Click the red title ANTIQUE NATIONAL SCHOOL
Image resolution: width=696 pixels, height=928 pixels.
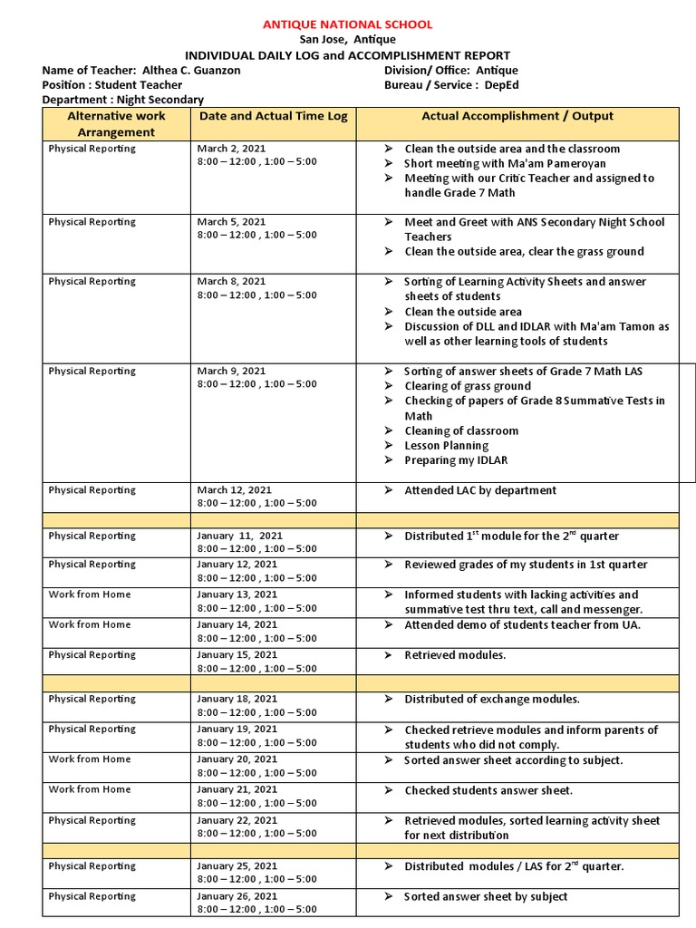[347, 24]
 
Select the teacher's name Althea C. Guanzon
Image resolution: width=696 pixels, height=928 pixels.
[191, 71]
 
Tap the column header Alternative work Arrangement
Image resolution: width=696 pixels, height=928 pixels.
[116, 124]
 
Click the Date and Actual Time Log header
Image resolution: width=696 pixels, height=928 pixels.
[273, 116]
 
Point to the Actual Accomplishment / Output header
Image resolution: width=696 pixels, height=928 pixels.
[517, 116]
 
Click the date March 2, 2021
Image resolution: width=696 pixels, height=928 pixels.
[231, 149]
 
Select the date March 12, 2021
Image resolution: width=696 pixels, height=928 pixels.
[234, 490]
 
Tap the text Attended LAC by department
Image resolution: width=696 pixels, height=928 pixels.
[480, 490]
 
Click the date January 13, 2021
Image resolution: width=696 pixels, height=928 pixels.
[237, 594]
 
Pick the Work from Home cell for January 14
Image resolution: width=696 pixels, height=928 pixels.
[90, 624]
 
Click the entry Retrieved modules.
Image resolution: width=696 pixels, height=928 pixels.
[455, 655]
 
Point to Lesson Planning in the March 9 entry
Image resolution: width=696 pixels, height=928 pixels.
[446, 446]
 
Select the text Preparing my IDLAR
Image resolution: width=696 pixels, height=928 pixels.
[456, 460]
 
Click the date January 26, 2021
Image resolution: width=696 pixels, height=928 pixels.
[237, 896]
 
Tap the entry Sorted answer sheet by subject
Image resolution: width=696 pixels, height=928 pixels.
[486, 896]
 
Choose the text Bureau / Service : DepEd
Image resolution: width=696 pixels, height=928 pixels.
[451, 85]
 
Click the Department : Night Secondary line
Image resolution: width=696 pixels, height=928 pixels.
[123, 100]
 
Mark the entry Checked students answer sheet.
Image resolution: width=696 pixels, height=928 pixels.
[488, 790]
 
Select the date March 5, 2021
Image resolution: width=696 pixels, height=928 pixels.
[231, 222]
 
